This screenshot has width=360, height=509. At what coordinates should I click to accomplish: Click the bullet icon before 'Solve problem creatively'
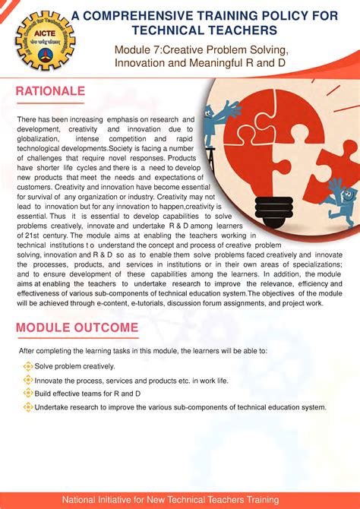tap(28, 366)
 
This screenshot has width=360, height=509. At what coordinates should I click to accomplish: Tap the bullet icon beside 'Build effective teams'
tap(28, 393)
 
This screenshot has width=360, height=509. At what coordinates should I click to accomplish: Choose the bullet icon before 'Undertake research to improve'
tap(28, 406)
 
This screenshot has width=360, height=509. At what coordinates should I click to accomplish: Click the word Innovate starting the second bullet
tap(50, 380)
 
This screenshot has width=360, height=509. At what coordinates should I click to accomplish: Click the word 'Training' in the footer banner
tap(258, 499)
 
